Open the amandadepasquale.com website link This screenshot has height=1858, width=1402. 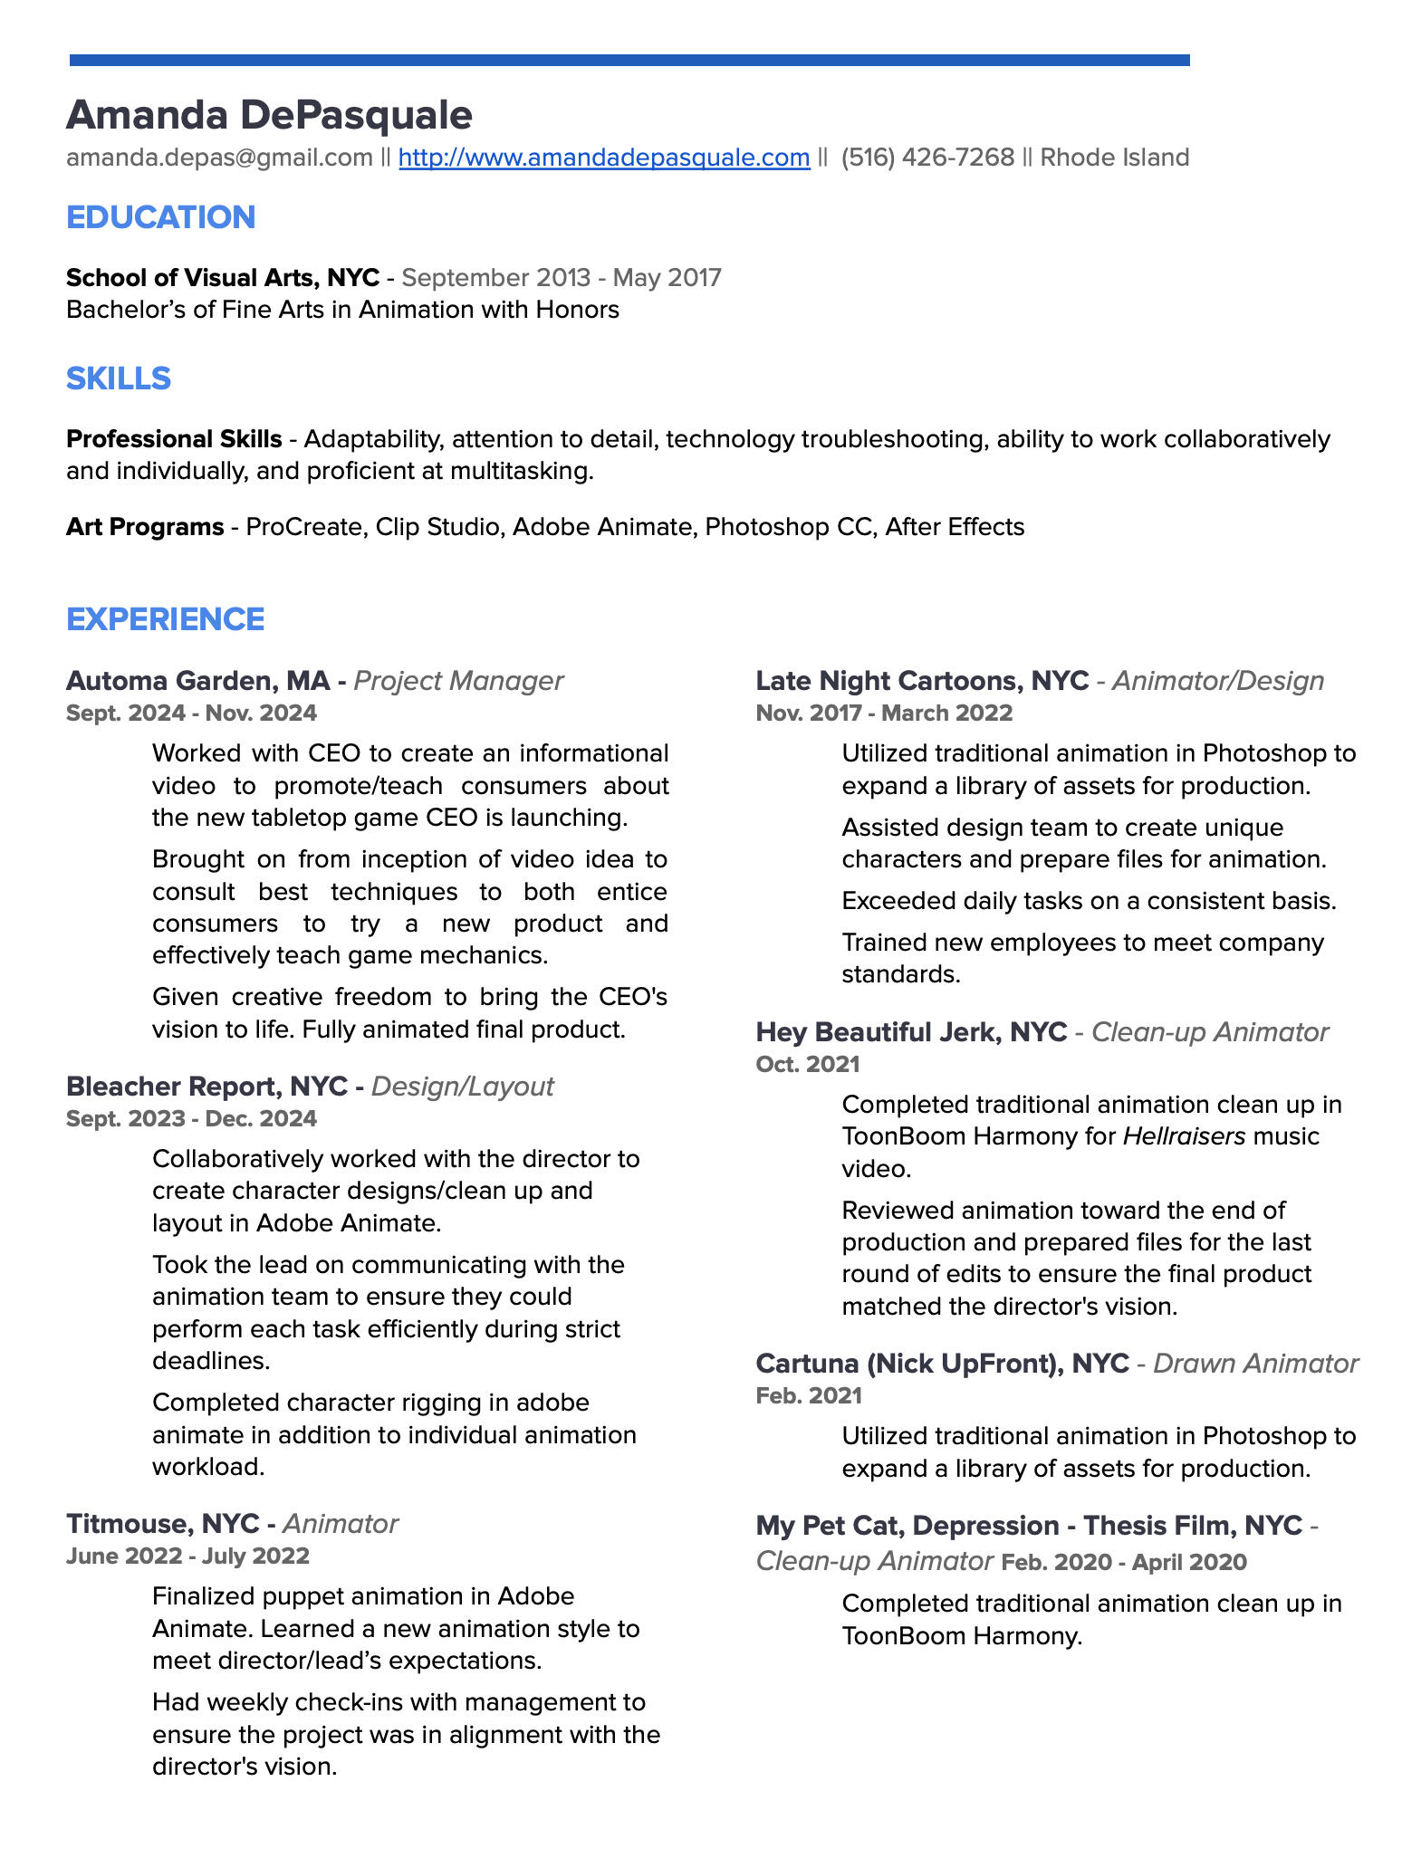603,158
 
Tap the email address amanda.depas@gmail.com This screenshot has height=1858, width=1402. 219,158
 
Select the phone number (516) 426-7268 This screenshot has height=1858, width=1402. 927,158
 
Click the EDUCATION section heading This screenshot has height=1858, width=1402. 161,217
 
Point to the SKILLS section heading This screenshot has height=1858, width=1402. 119,378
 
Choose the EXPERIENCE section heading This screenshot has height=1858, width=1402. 166,619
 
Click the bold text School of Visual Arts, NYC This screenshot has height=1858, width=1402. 223,277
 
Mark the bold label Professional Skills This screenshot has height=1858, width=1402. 174,439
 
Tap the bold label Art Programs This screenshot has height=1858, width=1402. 145,526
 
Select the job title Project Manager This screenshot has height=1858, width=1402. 458,681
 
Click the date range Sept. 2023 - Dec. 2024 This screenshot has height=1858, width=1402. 191,1118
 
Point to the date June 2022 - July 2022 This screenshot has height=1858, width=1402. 187,1556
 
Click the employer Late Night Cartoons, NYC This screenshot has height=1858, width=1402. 922,681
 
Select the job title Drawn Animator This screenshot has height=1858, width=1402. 1255,1364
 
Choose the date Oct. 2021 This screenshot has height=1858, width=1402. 808,1064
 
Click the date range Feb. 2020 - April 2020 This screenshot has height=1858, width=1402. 1123,1562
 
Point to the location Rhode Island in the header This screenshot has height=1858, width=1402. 1114,158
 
